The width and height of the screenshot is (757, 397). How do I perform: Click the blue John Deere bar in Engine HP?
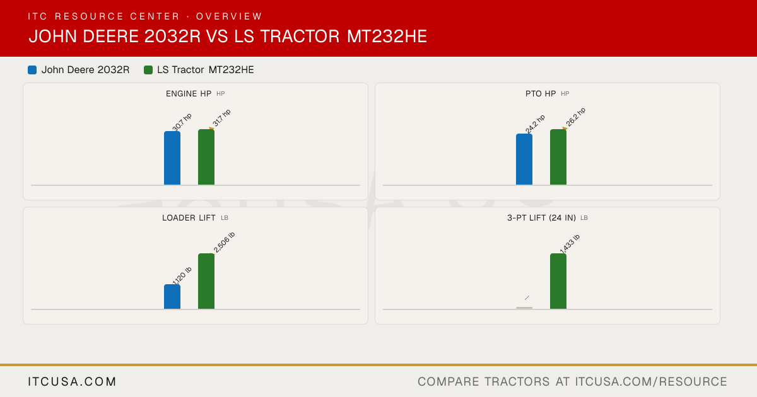point(172,158)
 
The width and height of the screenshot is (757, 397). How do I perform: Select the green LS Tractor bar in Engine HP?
point(206,157)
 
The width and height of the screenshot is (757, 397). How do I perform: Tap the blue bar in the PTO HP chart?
point(524,159)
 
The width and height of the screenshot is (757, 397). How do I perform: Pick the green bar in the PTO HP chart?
point(558,157)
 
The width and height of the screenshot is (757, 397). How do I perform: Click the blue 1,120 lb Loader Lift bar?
point(172,297)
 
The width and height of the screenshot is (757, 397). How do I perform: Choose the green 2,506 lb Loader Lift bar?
point(206,281)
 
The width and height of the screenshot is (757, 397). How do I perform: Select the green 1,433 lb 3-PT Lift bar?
point(558,281)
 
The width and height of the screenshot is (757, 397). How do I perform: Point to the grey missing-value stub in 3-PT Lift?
point(524,308)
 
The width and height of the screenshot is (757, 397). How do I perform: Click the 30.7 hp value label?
point(182,122)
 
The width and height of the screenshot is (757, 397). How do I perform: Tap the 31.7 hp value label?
point(221,118)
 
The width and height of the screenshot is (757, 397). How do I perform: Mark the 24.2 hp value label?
point(535,124)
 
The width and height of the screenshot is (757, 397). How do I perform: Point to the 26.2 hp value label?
point(575,117)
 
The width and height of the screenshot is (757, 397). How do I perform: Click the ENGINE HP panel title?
point(189,93)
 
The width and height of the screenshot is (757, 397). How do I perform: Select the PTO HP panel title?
point(541,93)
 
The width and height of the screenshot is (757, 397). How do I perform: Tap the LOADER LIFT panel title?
point(189,218)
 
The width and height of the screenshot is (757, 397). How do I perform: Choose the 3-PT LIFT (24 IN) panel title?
point(541,218)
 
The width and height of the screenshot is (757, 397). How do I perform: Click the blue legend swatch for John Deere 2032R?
point(32,70)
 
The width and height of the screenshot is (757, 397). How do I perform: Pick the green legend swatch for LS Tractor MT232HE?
point(148,70)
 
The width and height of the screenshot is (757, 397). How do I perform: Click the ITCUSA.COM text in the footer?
point(72,381)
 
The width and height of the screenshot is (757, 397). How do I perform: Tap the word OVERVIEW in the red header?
point(229,16)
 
